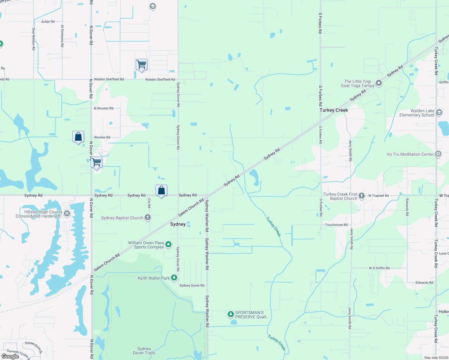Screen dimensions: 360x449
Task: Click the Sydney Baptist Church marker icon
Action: click(147, 217)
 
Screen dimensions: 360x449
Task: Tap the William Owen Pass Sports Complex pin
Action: click(168, 244)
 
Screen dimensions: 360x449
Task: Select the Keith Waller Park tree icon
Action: click(174, 278)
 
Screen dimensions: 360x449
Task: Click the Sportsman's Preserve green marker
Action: click(231, 314)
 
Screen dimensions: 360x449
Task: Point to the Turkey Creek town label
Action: click(334, 110)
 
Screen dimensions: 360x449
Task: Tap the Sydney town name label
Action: click(178, 224)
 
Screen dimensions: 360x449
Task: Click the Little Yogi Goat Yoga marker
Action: click(379, 83)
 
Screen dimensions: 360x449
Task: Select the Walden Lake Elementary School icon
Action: click(439, 112)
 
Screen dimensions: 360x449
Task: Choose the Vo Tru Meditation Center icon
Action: click(438, 154)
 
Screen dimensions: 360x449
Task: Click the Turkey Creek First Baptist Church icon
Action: click(362, 196)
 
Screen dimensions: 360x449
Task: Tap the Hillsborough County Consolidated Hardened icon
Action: click(67, 214)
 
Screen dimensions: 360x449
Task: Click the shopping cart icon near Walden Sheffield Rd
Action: click(141, 64)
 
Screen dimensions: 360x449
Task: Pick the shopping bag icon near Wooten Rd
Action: click(78, 137)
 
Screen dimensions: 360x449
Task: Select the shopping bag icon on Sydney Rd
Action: click(161, 190)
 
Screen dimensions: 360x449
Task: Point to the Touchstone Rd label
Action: click(336, 225)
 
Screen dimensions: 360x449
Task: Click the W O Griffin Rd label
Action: click(379, 268)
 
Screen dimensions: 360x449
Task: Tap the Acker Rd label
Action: click(48, 22)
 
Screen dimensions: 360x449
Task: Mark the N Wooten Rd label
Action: click(104, 108)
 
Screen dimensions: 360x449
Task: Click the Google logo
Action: click(10, 356)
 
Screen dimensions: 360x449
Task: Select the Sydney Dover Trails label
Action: click(144, 351)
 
